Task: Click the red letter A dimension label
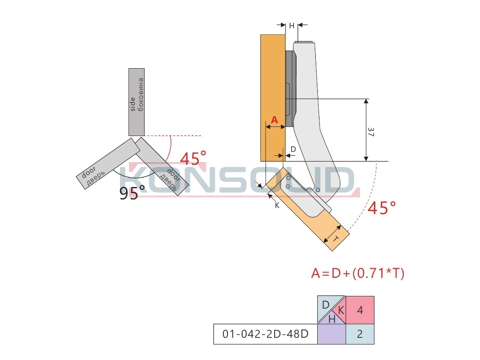[x=274, y=119]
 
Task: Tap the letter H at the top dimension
[x=291, y=26]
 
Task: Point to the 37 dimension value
[x=371, y=132]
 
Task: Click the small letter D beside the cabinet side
[x=293, y=149]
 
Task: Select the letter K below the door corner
[x=277, y=205]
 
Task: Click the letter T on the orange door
[x=335, y=238]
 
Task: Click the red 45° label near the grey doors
[x=193, y=158]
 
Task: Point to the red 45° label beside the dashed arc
[x=381, y=208]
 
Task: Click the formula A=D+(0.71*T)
[x=357, y=273]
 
